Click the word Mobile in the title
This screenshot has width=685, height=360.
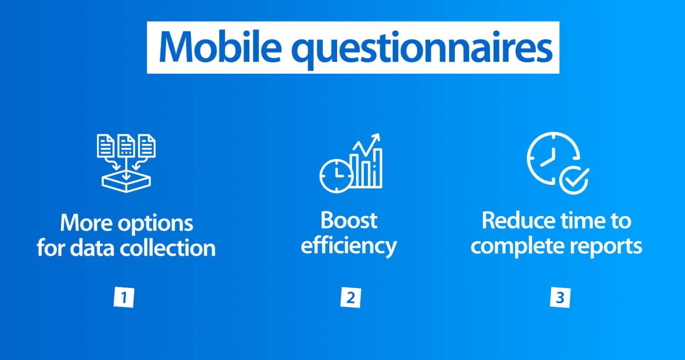click(x=220, y=47)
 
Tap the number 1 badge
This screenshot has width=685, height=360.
click(x=124, y=297)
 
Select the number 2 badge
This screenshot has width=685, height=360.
click(x=350, y=297)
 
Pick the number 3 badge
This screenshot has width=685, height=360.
click(x=560, y=297)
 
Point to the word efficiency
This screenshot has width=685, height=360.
click(x=349, y=247)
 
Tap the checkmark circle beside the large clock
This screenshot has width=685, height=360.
click(x=574, y=180)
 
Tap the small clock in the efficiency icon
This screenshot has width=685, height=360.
click(x=336, y=176)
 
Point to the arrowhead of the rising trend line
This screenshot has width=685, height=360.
click(x=377, y=137)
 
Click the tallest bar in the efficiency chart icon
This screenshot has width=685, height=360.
click(x=378, y=168)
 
